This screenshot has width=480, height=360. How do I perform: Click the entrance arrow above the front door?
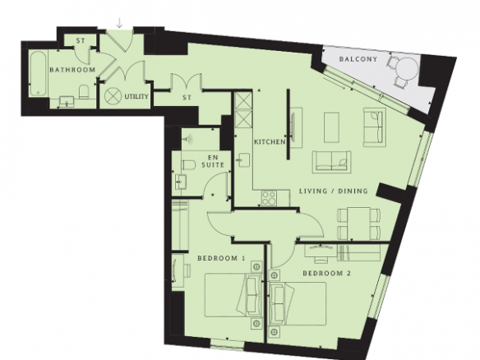119,23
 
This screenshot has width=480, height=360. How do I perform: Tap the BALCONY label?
358,59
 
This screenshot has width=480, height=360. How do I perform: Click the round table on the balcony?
407,70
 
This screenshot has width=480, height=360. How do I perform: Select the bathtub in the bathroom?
39,73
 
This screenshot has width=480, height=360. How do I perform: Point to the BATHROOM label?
72,70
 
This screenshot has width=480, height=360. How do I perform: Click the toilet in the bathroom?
84,92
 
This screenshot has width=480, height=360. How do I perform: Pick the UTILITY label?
136,97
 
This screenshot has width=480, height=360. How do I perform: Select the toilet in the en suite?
188,164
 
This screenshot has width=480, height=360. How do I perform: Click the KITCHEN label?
270,142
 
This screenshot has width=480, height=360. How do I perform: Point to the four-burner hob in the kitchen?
269,198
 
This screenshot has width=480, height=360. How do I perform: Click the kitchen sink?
243,159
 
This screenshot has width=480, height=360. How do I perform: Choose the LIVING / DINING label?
334,192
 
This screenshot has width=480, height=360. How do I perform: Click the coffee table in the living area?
331,127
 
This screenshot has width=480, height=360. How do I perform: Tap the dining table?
359,224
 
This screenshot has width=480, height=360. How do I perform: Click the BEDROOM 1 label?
221,258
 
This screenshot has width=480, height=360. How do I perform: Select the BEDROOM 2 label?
326,273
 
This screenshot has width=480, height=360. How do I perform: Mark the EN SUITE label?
213,161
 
